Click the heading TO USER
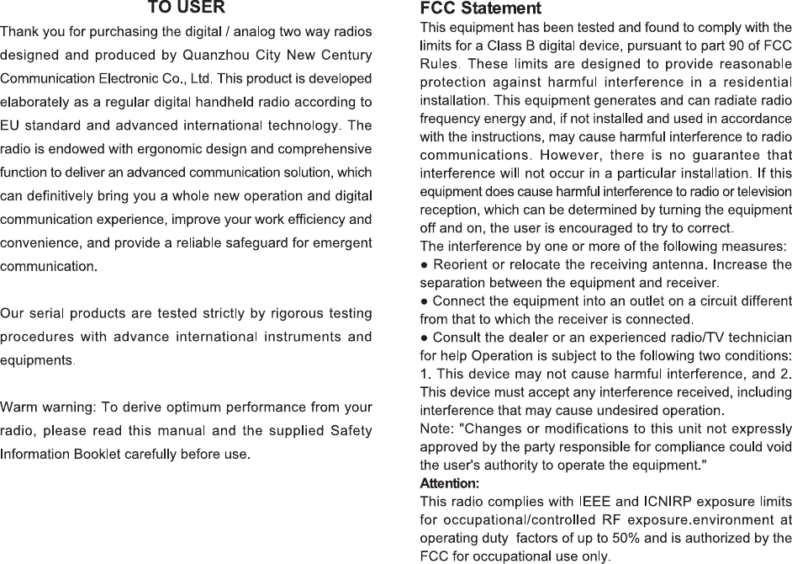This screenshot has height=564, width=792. (186, 8)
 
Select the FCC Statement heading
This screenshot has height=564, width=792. (480, 9)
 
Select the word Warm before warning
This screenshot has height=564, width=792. (17, 408)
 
